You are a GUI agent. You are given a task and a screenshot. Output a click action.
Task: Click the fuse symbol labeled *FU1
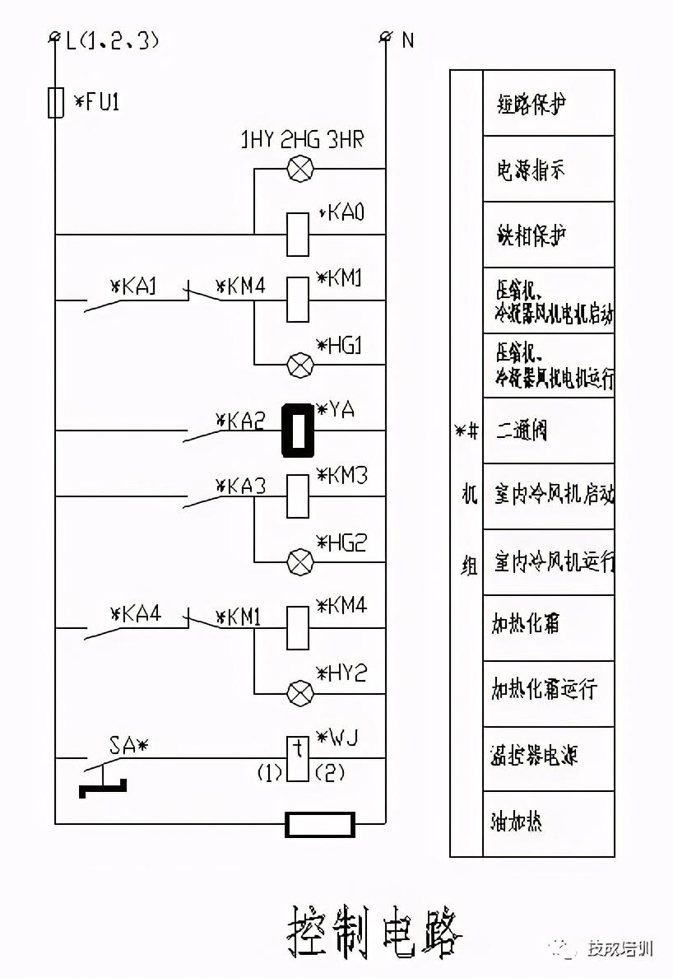coord(56,102)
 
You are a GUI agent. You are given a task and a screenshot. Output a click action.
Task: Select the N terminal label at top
coord(407,40)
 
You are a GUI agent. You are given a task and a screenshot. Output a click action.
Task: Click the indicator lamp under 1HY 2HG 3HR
coord(298,170)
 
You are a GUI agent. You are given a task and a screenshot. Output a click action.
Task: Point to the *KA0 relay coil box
coord(298,234)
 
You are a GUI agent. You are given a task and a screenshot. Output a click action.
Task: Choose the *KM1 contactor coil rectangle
coord(298,300)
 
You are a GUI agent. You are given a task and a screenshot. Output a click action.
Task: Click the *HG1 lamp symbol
coord(298,364)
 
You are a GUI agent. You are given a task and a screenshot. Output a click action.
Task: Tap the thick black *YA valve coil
coord(298,430)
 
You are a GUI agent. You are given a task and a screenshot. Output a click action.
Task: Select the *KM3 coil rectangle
coord(298,496)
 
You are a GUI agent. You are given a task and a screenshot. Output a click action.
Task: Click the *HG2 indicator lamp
coord(298,561)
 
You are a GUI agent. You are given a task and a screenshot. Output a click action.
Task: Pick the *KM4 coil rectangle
coord(298,628)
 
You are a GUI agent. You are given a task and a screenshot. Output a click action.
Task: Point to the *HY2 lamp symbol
coord(298,693)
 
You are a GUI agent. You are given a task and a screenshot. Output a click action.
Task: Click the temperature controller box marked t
coord(298,757)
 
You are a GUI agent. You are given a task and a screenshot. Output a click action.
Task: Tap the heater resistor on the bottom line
coord(320,823)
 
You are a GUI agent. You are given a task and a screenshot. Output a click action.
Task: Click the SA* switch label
coord(128,746)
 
